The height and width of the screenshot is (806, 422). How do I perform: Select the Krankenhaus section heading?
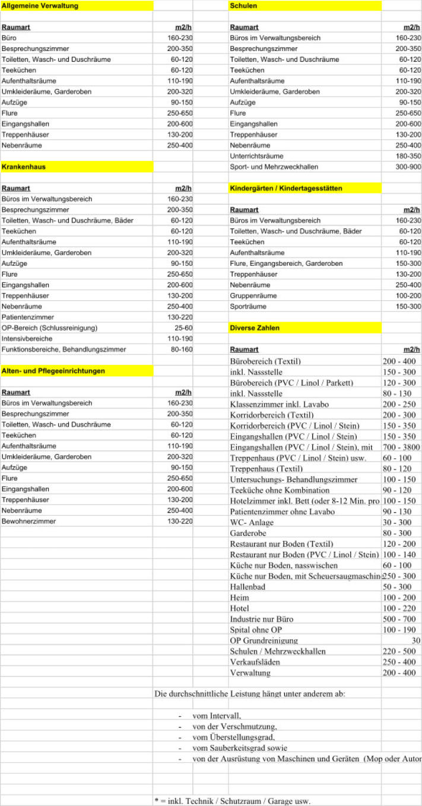24,167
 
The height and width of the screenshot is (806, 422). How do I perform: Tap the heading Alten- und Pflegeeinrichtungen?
53,370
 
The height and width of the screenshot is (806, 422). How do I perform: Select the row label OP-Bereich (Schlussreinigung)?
50,328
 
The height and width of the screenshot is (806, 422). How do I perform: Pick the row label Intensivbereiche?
27,338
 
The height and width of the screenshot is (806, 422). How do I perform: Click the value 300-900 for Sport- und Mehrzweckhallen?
408,167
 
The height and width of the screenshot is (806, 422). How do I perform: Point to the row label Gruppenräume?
253,296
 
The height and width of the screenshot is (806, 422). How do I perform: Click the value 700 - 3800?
401,446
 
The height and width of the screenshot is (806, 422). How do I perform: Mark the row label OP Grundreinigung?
264,640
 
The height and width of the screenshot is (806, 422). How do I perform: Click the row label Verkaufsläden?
255,662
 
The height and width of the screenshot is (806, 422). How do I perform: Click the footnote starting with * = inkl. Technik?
231,801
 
